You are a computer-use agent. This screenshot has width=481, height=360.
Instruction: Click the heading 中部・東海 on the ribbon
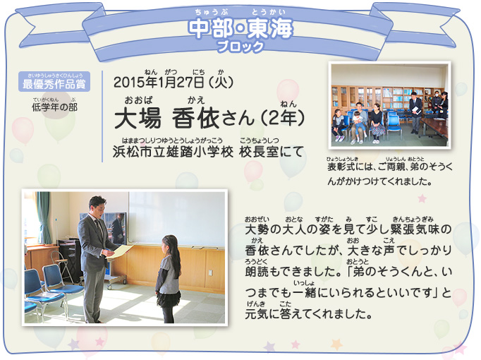click(240, 28)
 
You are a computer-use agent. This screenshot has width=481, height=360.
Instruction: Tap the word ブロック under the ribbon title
click(240, 47)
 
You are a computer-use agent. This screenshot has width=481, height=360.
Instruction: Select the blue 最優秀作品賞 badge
click(54, 82)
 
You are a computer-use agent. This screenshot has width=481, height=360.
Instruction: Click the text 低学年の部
click(54, 107)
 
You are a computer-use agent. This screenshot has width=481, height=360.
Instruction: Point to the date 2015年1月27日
click(159, 83)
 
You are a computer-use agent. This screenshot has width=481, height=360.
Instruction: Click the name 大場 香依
click(167, 119)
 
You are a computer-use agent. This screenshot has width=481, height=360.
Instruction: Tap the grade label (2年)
click(282, 118)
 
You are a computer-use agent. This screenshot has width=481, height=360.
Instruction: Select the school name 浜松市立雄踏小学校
click(173, 152)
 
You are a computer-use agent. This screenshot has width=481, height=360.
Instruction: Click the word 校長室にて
click(272, 152)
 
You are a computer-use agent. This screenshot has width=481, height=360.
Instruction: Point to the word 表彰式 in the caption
click(342, 167)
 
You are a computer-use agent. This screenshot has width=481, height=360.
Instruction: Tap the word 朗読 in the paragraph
click(257, 272)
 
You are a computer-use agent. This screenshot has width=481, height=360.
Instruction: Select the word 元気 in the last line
click(257, 314)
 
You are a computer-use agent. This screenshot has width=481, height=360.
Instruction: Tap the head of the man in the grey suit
click(97, 206)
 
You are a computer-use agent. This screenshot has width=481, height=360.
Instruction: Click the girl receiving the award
click(168, 279)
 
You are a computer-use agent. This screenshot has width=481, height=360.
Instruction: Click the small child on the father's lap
click(358, 124)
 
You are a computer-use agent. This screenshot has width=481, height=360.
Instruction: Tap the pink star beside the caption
click(422, 198)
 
